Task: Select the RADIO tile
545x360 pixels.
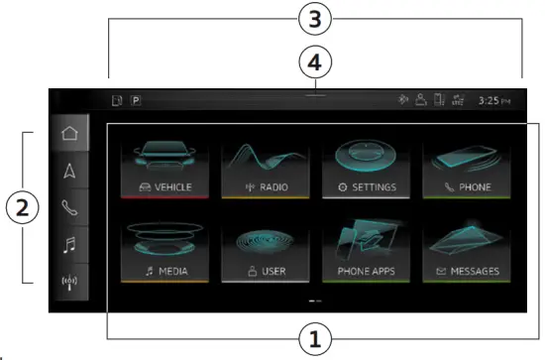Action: click(261, 165)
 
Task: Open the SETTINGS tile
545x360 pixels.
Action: click(362, 165)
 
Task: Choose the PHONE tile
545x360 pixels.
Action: click(463, 165)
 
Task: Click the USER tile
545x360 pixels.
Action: click(261, 248)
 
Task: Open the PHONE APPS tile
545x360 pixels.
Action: click(362, 248)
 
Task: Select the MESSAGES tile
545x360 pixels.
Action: click(463, 248)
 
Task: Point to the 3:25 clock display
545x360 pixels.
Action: click(493, 100)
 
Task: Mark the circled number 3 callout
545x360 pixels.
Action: click(314, 19)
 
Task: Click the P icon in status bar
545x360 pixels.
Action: click(135, 100)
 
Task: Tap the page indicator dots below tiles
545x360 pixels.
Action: click(314, 299)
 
